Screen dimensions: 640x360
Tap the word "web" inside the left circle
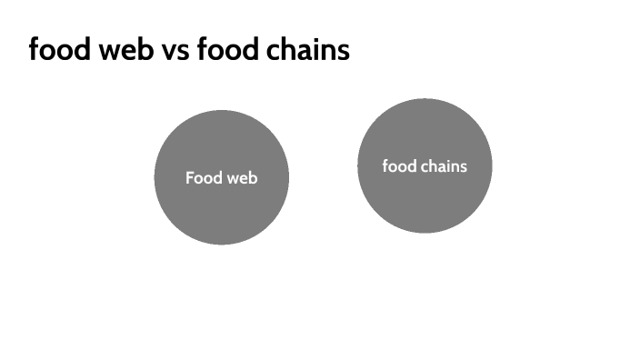241,178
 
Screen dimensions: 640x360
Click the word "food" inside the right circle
398,166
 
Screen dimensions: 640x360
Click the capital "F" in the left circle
190,178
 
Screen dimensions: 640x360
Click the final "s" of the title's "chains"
343,51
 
